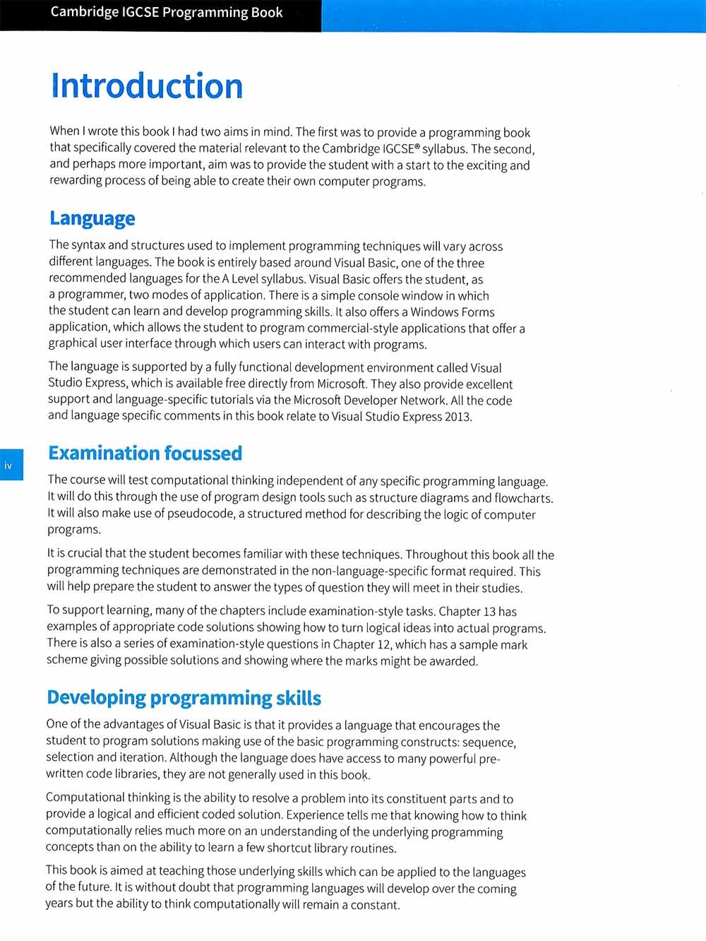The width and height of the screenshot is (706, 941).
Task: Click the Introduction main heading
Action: coord(147,86)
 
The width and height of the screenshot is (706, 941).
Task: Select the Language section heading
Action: coord(92,218)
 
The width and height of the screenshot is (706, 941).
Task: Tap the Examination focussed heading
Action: coord(145,453)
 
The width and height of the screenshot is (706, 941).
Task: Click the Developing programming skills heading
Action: coord(184,698)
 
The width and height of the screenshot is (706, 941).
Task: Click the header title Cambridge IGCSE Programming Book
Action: coord(167,13)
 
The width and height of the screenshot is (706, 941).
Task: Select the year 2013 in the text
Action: coord(457,416)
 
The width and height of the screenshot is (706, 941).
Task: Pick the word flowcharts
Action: coord(523,497)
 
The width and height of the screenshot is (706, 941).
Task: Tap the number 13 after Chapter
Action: coord(489,611)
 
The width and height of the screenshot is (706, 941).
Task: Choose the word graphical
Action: coord(73,344)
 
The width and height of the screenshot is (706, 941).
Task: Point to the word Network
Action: coord(422,400)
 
